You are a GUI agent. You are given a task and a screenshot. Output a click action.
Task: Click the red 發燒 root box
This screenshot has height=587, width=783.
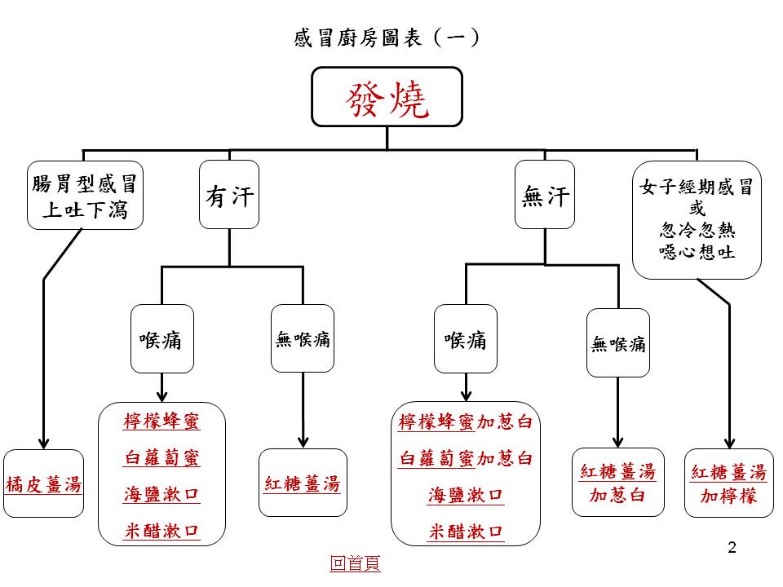387,97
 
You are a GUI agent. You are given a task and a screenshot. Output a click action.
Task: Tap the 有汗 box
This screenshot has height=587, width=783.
229,196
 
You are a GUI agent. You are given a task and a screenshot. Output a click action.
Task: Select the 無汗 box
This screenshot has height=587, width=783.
545,196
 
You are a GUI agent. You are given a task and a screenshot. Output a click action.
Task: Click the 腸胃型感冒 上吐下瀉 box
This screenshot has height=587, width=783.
85,196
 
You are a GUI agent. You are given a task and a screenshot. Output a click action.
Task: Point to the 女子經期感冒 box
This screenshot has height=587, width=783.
697,220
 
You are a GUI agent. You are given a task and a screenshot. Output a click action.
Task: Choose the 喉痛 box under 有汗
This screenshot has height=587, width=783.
161,339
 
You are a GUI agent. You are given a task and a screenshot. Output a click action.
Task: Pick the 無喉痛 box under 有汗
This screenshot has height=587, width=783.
303,339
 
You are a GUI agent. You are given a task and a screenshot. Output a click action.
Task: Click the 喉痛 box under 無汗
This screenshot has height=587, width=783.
465,339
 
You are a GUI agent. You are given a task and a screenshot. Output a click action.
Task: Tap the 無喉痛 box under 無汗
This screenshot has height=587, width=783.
617,343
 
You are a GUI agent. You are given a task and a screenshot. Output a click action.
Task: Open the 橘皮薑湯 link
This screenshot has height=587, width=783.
44,483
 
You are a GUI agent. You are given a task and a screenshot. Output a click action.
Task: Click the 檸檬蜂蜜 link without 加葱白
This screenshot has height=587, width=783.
161,421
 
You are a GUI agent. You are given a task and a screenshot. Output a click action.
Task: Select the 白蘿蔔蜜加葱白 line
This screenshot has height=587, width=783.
465,458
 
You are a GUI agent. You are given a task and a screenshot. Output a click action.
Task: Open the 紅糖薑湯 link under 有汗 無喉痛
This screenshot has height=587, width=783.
303,483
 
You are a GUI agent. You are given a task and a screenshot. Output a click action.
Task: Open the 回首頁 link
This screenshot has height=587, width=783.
355,563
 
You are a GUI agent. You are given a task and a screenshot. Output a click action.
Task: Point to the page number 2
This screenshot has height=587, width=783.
732,548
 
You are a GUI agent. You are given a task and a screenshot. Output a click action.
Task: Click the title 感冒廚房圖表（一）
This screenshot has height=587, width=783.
386,38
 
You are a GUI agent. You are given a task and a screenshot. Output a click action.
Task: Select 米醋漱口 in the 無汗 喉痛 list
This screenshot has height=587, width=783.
465,532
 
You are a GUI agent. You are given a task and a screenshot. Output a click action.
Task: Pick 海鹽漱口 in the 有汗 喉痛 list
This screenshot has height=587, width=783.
161,495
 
